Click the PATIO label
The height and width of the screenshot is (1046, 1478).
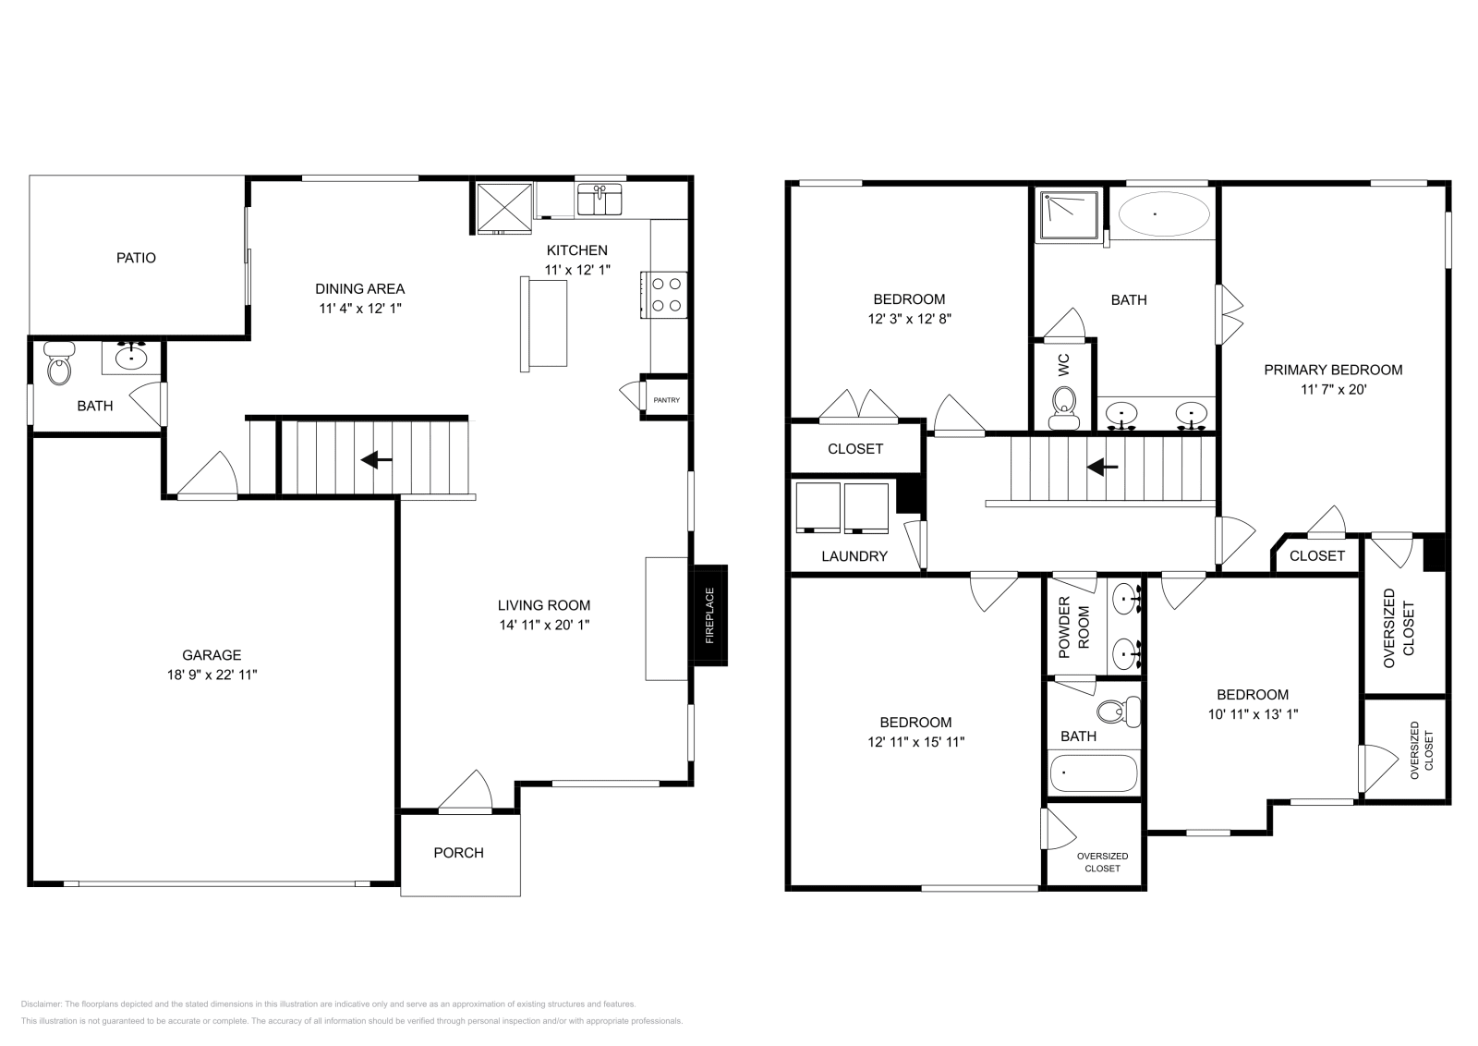[x=136, y=258]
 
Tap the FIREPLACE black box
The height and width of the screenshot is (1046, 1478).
[x=709, y=615]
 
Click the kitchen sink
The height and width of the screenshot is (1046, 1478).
[x=600, y=200]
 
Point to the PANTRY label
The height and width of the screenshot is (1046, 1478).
[x=666, y=400]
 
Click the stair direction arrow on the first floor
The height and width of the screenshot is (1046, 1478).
[x=376, y=459]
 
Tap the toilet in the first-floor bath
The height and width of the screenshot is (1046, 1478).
[x=59, y=366]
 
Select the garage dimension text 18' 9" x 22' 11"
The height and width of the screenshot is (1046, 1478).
[x=206, y=675]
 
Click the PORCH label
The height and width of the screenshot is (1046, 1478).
[x=458, y=853]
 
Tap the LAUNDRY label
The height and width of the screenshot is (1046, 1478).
[x=854, y=556]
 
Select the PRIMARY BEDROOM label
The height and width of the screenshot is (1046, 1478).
[x=1333, y=370]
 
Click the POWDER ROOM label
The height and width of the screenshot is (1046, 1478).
[x=1073, y=627]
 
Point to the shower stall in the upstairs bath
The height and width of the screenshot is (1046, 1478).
[x=1068, y=215]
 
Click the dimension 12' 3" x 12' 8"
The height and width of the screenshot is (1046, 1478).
[x=909, y=319]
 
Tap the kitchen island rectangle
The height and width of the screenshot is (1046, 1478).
[x=543, y=324]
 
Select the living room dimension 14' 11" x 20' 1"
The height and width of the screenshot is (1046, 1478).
[x=544, y=625]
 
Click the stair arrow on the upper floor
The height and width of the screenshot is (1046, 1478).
[x=1102, y=468]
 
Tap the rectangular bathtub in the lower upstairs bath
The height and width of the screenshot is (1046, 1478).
[x=1094, y=772]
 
